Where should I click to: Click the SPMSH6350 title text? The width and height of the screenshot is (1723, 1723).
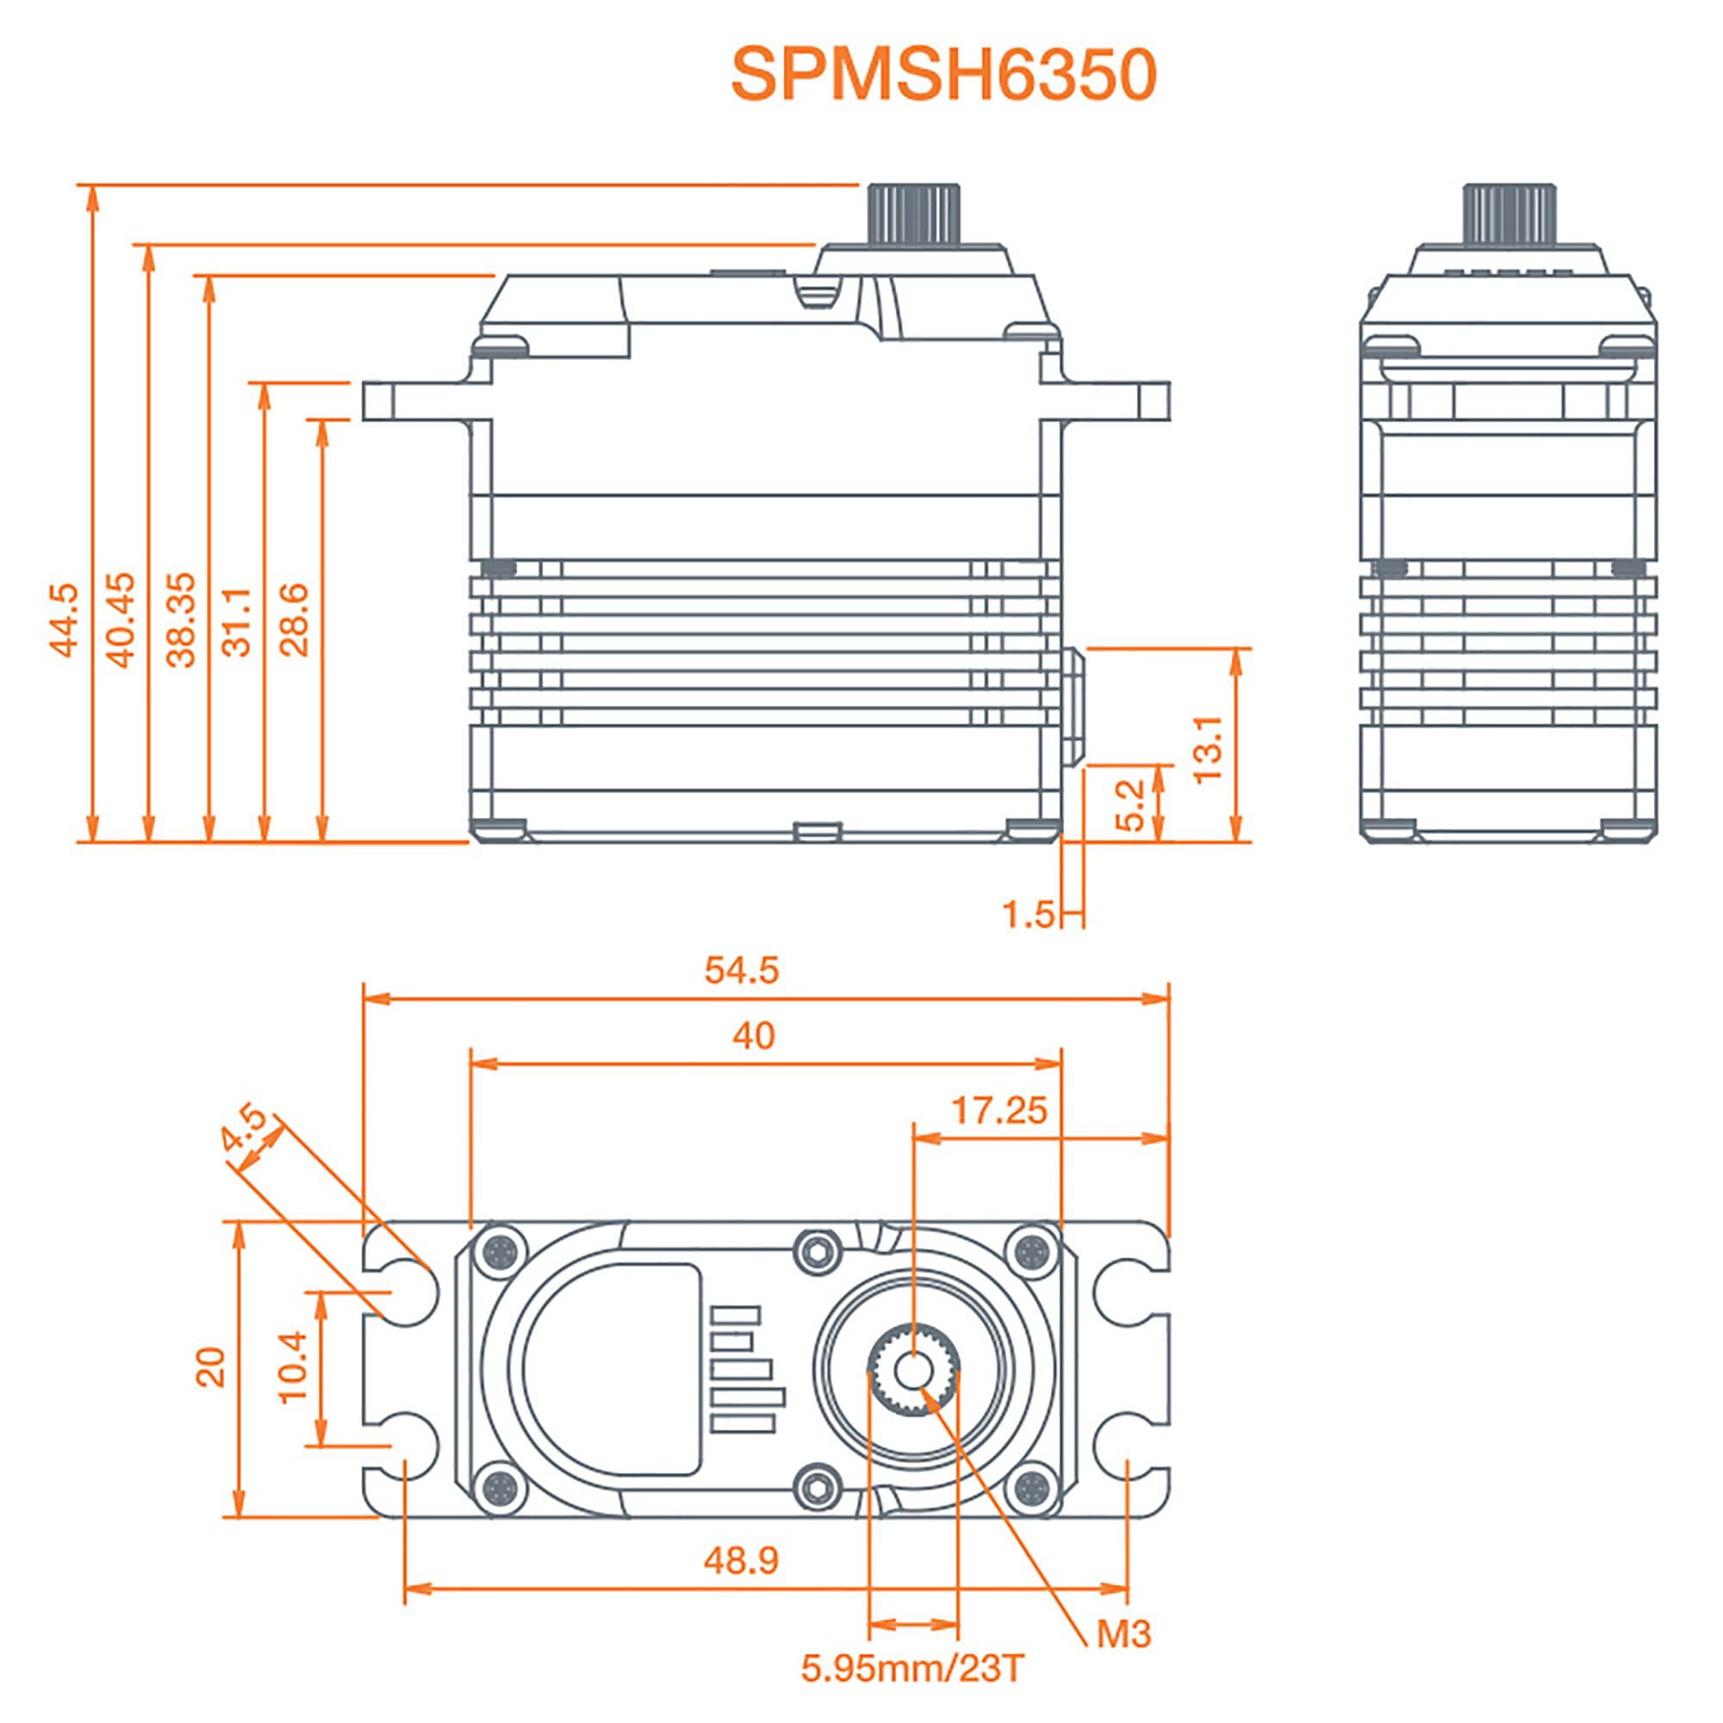click(942, 75)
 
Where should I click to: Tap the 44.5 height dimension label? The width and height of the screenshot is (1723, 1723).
click(65, 620)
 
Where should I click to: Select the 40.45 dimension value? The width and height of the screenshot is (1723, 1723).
click(121, 619)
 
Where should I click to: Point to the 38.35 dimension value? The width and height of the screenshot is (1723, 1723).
click(181, 619)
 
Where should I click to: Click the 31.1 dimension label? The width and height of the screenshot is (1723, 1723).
click(237, 622)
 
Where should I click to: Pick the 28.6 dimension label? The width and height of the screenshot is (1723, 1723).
click(295, 619)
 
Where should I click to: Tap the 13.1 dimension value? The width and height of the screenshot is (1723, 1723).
click(1209, 749)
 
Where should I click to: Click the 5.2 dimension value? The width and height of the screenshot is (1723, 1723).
click(1130, 806)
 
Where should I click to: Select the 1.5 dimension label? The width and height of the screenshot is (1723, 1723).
click(1029, 914)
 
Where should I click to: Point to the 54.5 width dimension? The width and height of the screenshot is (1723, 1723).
click(741, 970)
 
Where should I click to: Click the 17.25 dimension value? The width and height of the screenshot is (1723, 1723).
click(998, 1110)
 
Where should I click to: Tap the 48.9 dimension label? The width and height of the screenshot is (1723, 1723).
click(741, 1560)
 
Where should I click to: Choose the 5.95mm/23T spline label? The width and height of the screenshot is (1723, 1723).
click(912, 1667)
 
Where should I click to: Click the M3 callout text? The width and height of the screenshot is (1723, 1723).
click(1123, 1633)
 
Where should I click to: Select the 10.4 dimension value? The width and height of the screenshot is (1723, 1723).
click(293, 1367)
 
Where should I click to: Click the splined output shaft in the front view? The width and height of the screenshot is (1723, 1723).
click(913, 214)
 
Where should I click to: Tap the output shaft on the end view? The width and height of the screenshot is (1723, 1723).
click(1509, 214)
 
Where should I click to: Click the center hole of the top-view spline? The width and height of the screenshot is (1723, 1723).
click(911, 1371)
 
